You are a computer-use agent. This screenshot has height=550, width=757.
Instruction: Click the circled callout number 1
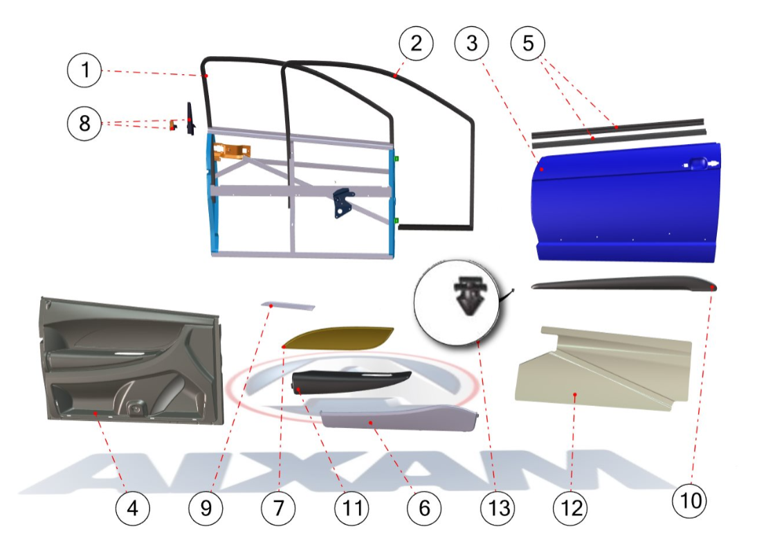point(84,70)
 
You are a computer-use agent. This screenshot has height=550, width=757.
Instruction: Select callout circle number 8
point(84,123)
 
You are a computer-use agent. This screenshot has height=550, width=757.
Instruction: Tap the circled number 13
point(498,508)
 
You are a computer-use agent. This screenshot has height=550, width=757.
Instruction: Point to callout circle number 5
point(528,44)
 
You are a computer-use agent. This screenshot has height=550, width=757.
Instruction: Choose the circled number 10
point(690,501)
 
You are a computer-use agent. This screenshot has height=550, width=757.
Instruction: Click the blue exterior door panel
point(626,203)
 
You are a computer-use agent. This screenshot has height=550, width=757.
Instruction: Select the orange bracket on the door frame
point(231,150)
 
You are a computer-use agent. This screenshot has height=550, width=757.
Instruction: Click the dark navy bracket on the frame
point(343,202)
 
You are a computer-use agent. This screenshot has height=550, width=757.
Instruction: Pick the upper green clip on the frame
point(396,159)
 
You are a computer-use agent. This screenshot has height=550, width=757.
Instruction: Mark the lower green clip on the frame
point(396,221)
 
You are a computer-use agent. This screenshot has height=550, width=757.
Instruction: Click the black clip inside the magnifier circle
point(470,296)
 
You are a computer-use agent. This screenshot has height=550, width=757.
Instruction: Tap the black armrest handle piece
point(351,382)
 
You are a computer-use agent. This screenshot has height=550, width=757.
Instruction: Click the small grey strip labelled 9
point(289,306)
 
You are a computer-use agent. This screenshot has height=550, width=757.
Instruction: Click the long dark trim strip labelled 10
point(623,283)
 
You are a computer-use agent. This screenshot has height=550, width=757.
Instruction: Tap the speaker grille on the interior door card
point(136,409)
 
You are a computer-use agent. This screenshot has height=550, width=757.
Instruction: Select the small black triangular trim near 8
point(191,119)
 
